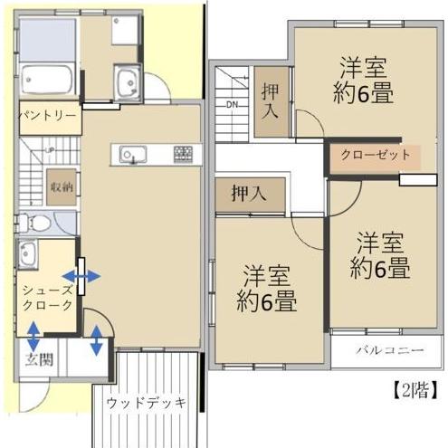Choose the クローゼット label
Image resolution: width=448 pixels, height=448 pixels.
(x=375, y=156)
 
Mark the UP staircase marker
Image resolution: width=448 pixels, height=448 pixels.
(x=50, y=150)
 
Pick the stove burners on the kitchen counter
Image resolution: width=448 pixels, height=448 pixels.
(x=184, y=154)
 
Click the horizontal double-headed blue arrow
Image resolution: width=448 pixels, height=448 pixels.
(x=81, y=275)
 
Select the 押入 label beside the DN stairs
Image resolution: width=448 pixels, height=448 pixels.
(x=271, y=100)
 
